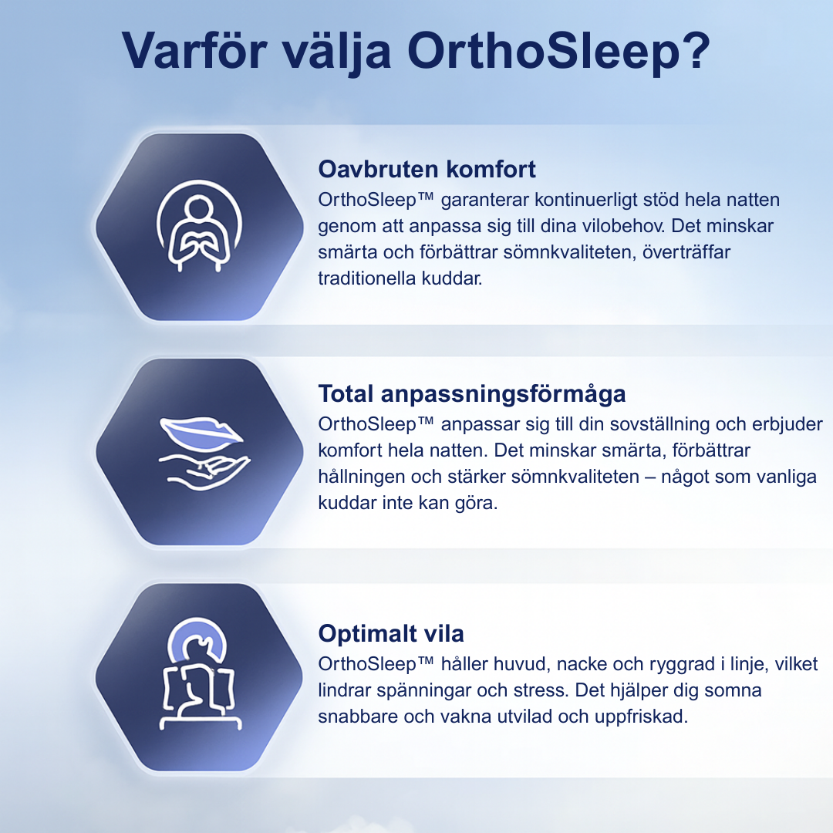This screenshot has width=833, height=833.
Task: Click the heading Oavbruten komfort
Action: (427, 169)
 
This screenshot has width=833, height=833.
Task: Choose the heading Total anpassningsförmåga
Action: (471, 394)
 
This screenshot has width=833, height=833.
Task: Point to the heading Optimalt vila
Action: (391, 634)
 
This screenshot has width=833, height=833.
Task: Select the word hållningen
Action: (360, 477)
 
